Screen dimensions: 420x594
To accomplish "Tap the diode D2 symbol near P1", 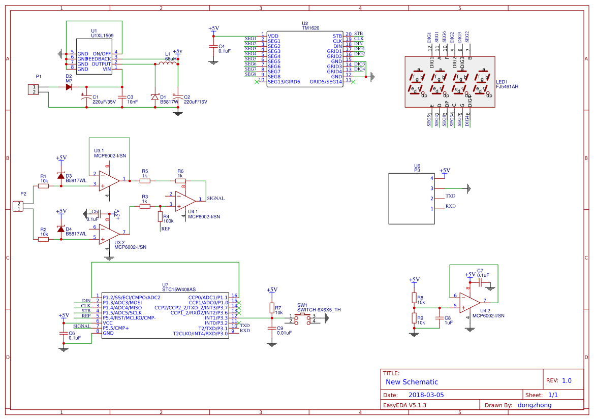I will pyautogui.click(x=69, y=87).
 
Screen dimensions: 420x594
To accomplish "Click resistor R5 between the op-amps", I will pyautogui.click(x=145, y=180).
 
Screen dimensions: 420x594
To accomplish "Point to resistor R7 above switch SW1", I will pyautogui.click(x=272, y=308).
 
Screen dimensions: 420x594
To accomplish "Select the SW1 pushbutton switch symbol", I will pyautogui.click(x=303, y=318).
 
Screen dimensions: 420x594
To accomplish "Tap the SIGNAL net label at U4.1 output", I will pyautogui.click(x=215, y=199).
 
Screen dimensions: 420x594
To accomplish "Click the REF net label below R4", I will pyautogui.click(x=166, y=229).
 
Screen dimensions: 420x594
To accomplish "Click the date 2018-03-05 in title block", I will pyautogui.click(x=426, y=395).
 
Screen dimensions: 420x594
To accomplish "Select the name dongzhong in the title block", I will pyautogui.click(x=534, y=405).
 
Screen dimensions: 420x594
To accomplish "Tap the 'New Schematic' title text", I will pyautogui.click(x=412, y=382).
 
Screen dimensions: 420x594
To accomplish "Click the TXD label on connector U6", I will pyautogui.click(x=450, y=196).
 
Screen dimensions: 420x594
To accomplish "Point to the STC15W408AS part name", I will pyautogui.click(x=178, y=289).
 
